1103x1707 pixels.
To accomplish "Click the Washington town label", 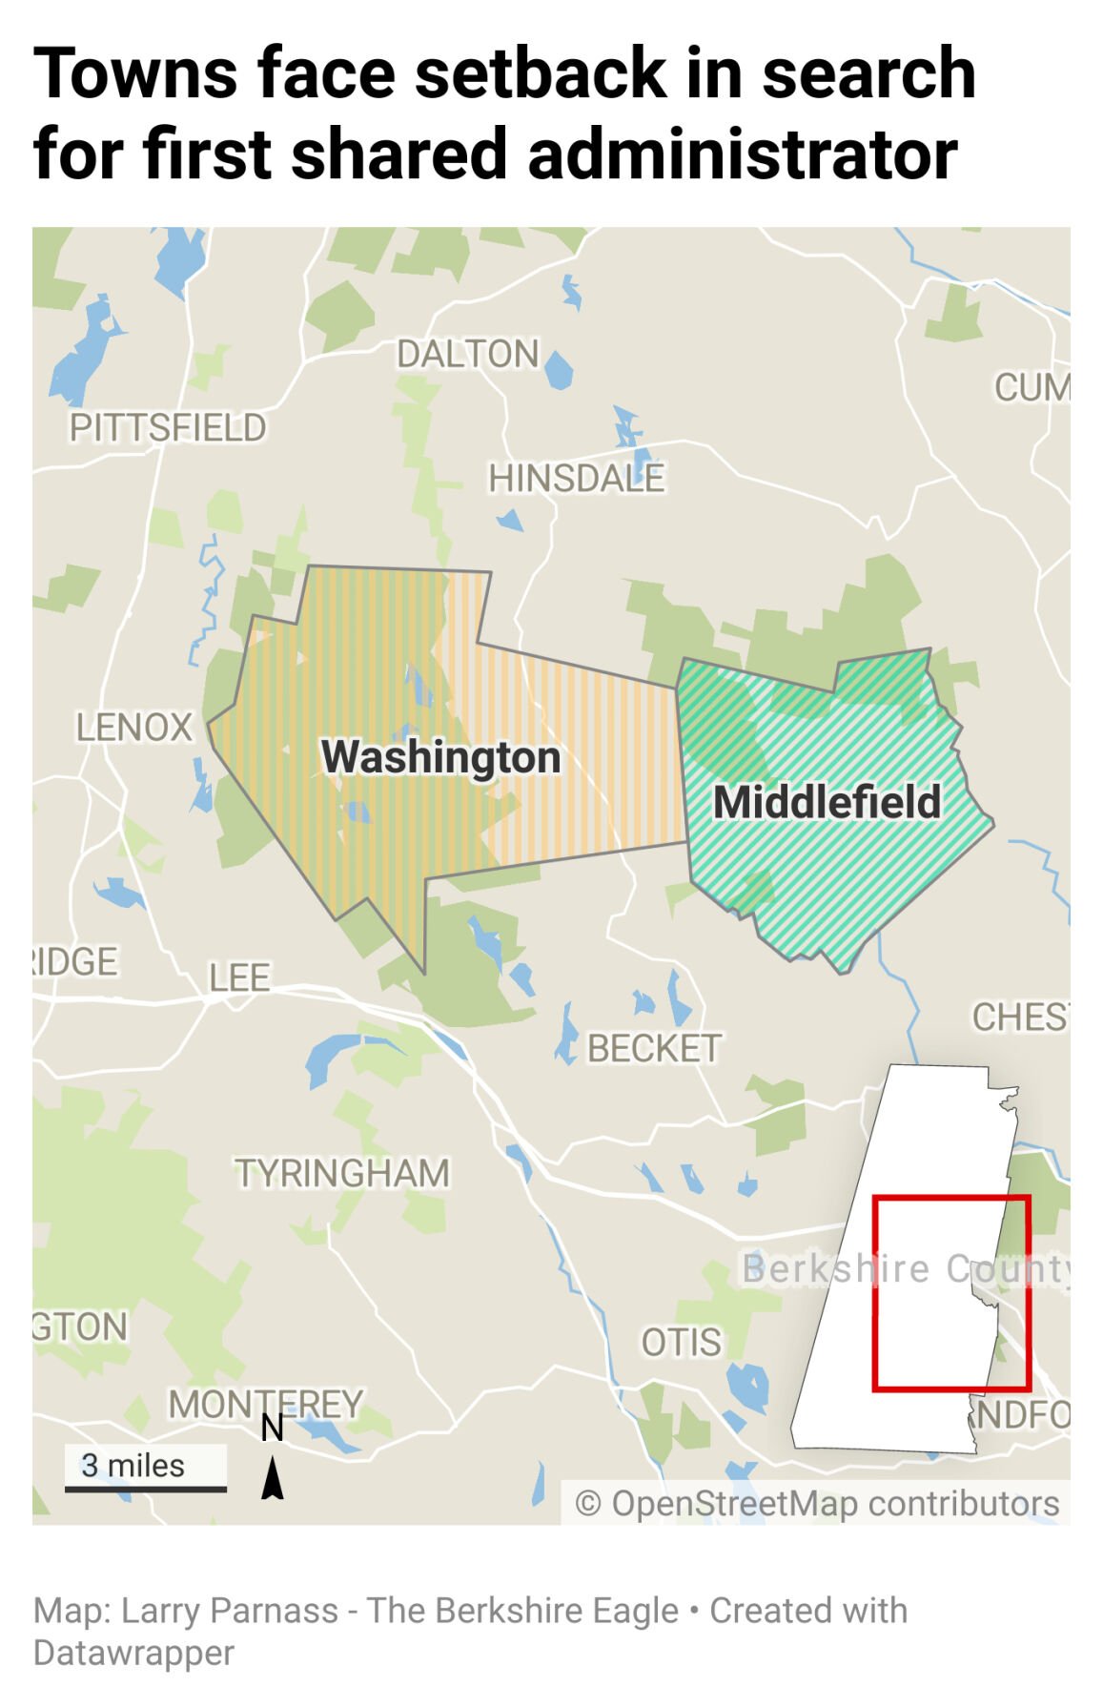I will point(440,758).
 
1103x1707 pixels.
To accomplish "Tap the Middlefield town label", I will point(827,802).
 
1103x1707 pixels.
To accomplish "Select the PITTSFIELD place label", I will point(168,428).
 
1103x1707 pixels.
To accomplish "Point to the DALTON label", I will point(468,354).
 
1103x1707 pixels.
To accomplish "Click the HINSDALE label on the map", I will point(576,478).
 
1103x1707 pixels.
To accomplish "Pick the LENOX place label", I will point(134,728).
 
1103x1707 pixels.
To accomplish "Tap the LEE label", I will point(239,977).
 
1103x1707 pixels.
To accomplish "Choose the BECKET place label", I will point(654,1049).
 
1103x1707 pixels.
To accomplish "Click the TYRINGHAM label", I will point(342,1173).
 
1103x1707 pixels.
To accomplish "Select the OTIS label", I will point(681,1343).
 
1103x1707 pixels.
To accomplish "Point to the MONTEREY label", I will point(266,1404).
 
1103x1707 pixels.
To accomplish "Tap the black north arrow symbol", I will point(273,1478).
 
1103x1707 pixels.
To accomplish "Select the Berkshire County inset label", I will point(906,1269).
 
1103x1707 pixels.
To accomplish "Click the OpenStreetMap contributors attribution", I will point(817,1504).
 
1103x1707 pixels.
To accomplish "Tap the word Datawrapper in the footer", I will point(133,1653).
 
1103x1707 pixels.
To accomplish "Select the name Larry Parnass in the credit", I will point(230,1611).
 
